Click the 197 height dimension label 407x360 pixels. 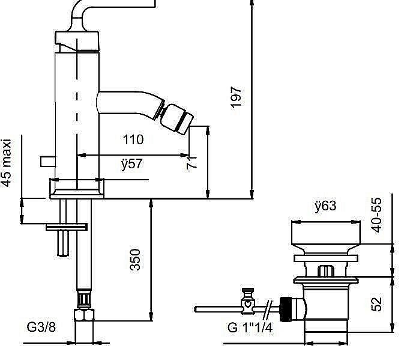pyautogui.click(x=236, y=97)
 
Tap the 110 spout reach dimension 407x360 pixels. pyautogui.click(x=133, y=139)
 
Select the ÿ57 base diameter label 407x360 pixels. pyautogui.click(x=131, y=163)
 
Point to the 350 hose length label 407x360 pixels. pyautogui.click(x=135, y=260)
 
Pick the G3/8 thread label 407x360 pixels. pyautogui.click(x=41, y=327)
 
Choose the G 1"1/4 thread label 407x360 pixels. pyautogui.click(x=250, y=328)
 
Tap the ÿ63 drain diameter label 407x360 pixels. pyautogui.click(x=325, y=206)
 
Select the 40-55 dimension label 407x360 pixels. pyautogui.click(x=376, y=215)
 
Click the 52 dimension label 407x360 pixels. pyautogui.click(x=376, y=304)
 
